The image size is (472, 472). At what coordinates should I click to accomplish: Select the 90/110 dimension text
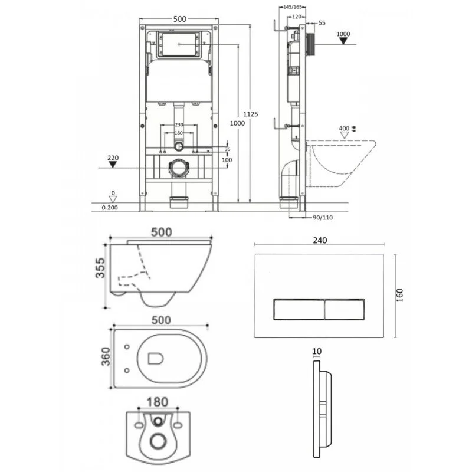pos(321,217)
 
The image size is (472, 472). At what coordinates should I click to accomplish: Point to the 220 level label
pos(114,158)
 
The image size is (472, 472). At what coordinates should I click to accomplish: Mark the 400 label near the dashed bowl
pos(344,128)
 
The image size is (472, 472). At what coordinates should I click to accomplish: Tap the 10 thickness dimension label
pos(317,351)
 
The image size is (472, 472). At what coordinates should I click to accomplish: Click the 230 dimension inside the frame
pos(179,124)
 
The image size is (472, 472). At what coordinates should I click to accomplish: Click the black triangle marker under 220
pos(114,167)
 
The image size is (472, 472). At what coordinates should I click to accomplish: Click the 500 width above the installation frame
pos(179,19)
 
